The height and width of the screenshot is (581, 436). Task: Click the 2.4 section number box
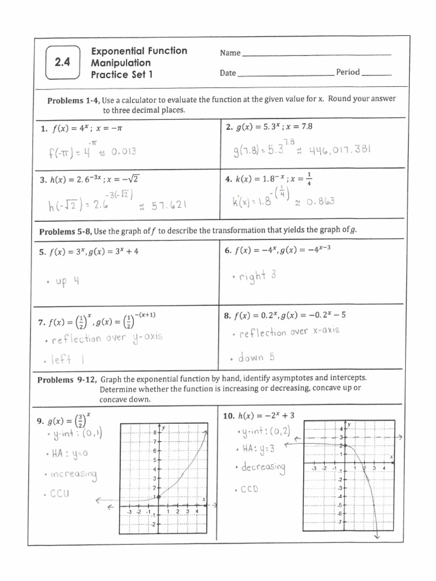pos(62,63)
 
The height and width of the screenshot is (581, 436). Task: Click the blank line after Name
pos(316,53)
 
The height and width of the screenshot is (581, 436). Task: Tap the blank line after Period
pos(376,73)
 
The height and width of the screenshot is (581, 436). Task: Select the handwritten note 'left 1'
pos(68,359)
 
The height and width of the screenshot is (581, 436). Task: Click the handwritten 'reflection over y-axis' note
pos(106,339)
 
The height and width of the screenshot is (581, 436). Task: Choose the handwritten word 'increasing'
pos(74,474)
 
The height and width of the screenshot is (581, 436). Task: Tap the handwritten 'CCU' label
pos(59,494)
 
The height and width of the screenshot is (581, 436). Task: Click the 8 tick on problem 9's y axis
pos(154,433)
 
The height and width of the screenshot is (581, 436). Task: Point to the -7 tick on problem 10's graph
pos(341,521)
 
